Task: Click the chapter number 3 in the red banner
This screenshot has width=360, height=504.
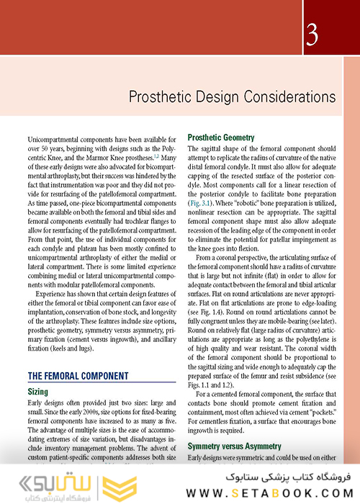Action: pos(311,34)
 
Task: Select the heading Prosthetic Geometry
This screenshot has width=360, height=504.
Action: pos(220,138)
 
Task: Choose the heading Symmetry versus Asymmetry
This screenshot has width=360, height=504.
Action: pos(235,446)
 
